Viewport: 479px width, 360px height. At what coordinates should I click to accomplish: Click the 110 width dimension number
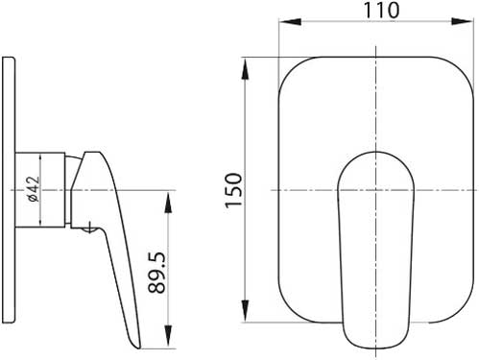pos(382,11)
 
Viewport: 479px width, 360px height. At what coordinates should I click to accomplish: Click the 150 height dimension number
pos(233,190)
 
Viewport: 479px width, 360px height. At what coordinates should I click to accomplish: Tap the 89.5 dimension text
pos(156,273)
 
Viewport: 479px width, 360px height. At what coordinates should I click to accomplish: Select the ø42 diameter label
pos(34,189)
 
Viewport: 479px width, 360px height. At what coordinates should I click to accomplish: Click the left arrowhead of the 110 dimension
pos(290,21)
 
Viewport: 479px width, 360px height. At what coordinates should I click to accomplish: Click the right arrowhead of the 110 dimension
pos(462,21)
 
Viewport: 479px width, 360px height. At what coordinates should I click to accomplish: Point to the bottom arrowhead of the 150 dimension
pos(245,311)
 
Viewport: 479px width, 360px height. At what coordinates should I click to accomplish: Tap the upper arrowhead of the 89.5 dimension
pos(168,202)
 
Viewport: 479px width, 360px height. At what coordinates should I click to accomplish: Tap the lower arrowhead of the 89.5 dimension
pos(168,337)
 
